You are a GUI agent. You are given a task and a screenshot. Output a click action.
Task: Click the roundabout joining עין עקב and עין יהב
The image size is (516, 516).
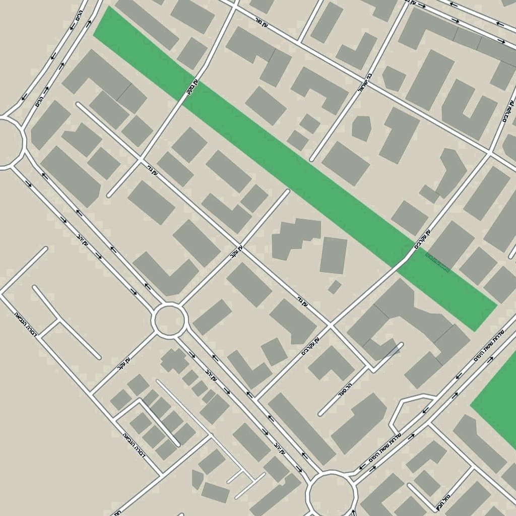coord(170,320)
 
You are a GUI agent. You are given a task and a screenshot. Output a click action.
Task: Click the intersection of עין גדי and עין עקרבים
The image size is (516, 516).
coord(331,325)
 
